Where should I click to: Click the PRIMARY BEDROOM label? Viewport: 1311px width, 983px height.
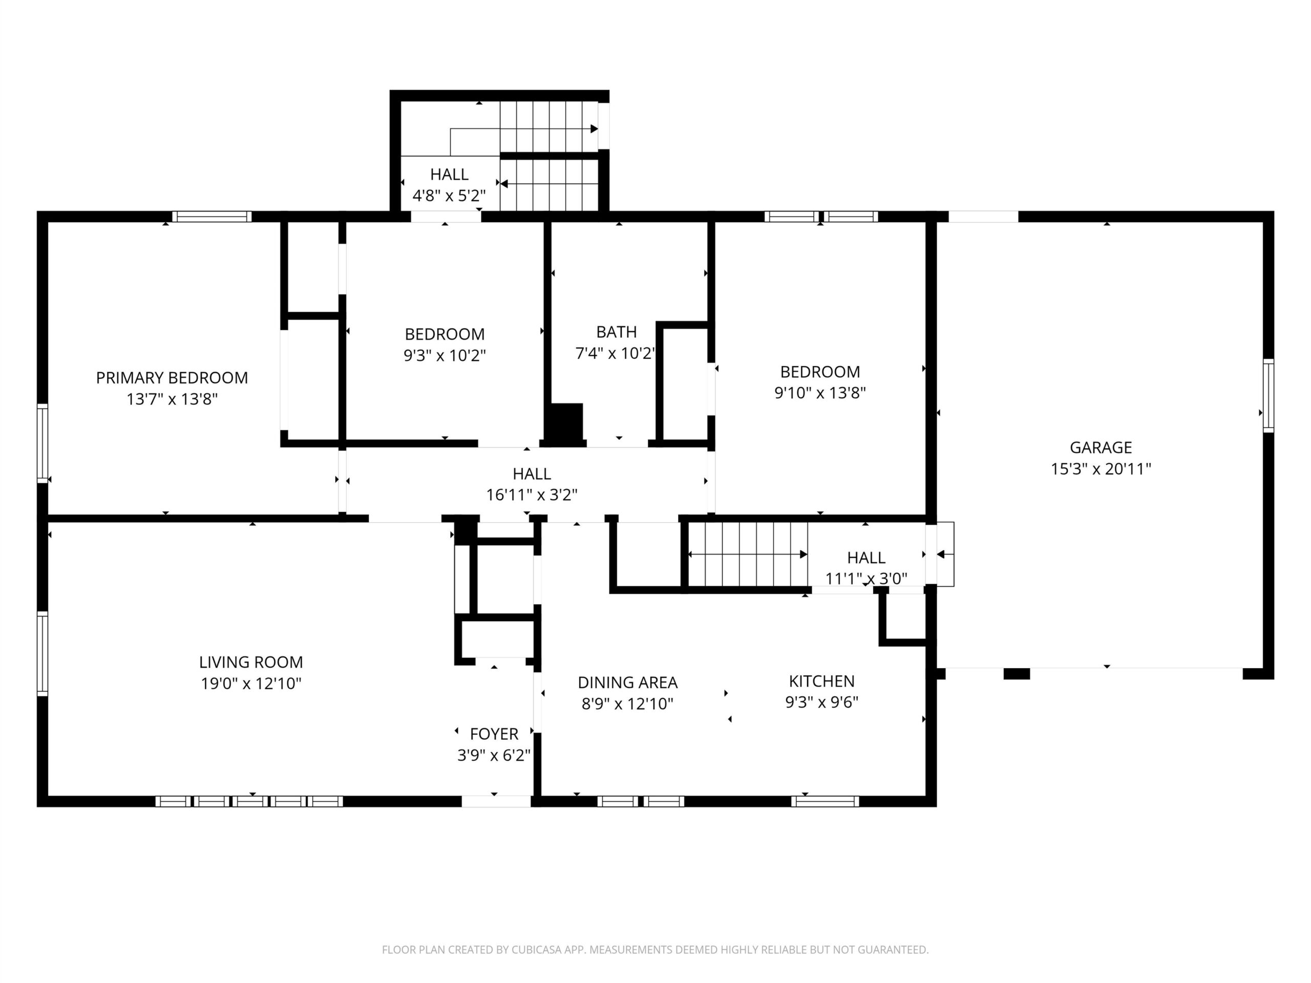[172, 377]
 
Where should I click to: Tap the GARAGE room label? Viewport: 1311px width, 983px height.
[1101, 447]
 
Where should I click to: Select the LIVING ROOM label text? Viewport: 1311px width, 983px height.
[251, 662]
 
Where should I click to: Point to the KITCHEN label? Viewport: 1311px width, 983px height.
[821, 681]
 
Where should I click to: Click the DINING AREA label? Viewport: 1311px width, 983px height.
[628, 682]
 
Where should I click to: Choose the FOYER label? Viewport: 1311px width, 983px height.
[494, 734]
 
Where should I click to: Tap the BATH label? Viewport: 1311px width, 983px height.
[617, 332]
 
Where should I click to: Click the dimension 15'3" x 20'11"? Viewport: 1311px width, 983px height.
[1101, 468]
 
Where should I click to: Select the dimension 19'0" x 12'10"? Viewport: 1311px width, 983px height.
[251, 683]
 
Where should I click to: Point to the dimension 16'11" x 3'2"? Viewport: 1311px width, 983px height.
[532, 495]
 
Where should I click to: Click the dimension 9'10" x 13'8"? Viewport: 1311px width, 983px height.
[820, 393]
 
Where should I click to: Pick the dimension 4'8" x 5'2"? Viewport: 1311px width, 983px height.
[449, 196]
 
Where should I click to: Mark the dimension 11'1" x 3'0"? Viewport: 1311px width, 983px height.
[866, 579]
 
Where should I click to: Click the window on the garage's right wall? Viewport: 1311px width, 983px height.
[1268, 395]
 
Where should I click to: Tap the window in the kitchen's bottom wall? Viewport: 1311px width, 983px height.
[824, 801]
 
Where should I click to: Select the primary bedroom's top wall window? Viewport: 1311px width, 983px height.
[212, 216]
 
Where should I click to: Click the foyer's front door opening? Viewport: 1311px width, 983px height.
[496, 801]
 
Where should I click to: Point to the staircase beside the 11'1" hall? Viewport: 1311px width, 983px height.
[748, 554]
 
